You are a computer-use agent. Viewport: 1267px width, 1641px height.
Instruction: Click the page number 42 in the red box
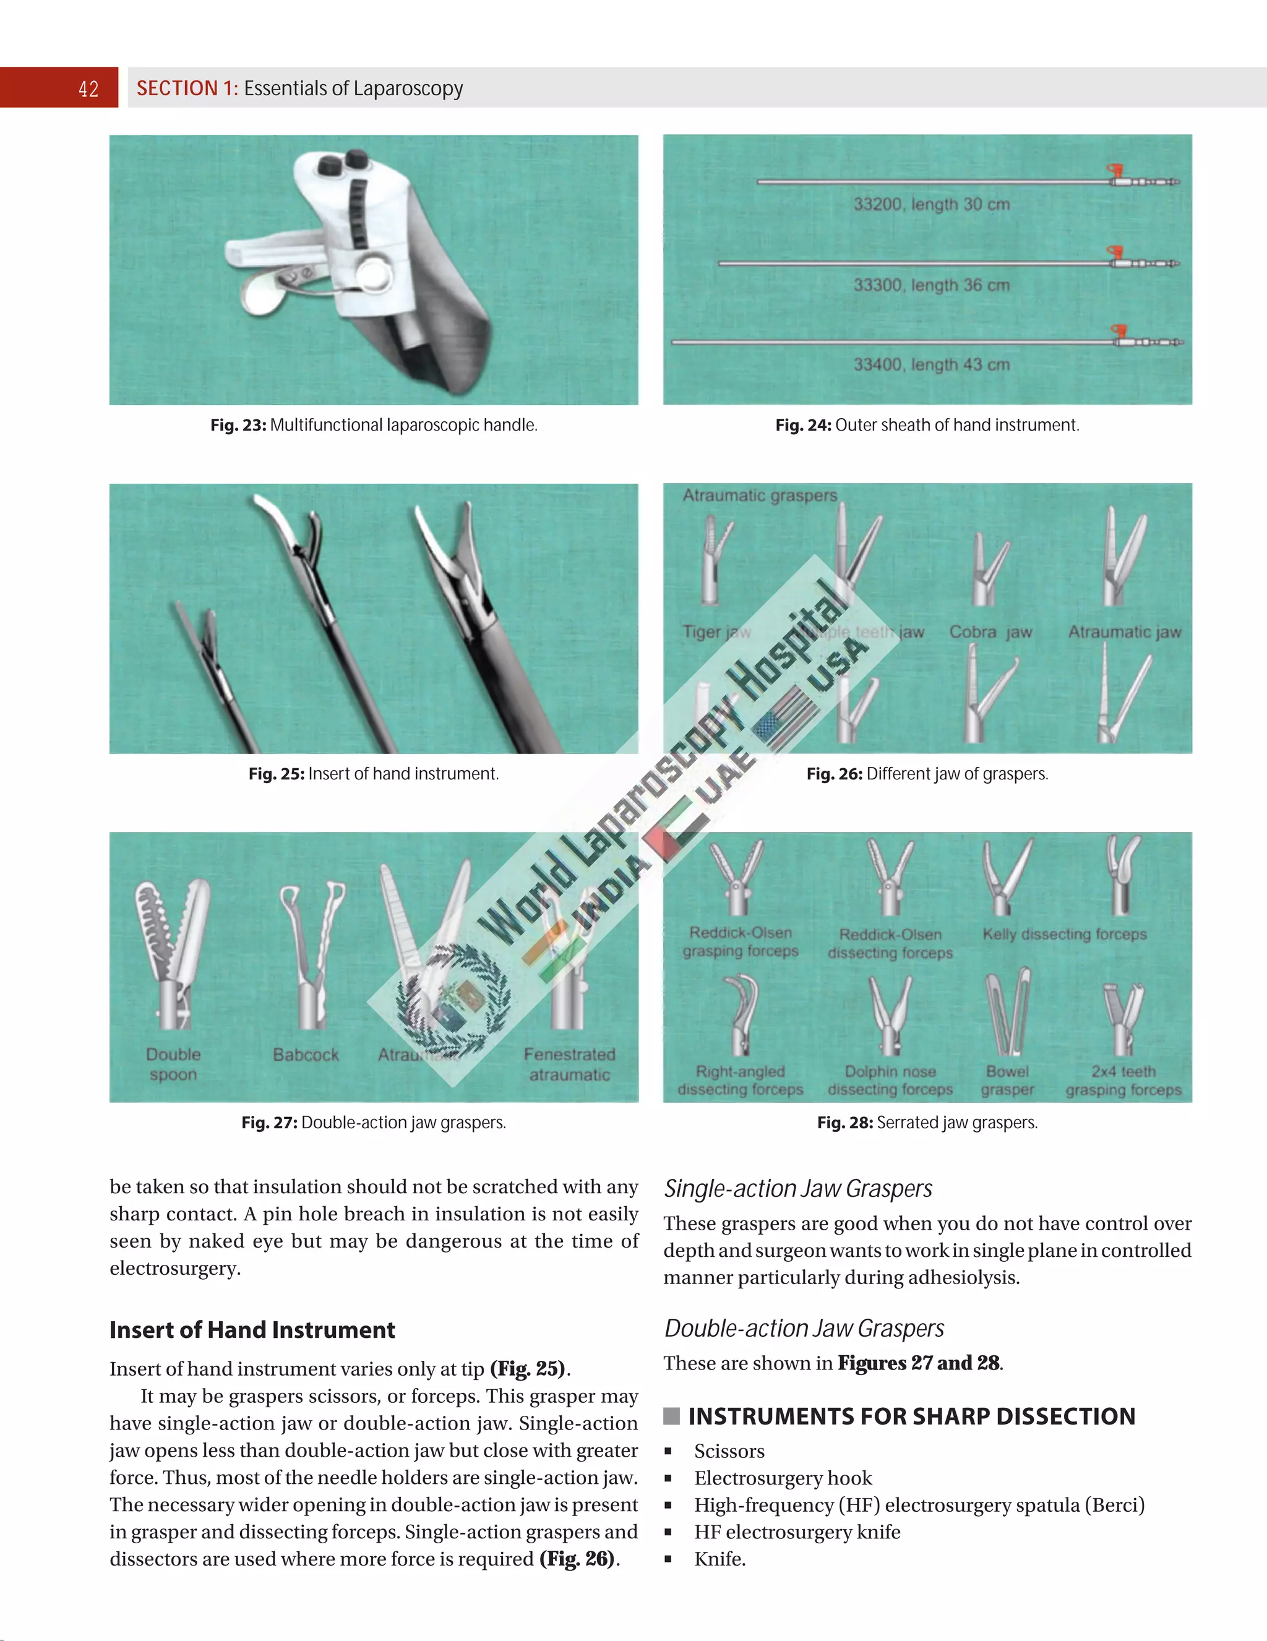88,88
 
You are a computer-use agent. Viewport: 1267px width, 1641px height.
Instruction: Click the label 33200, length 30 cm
931,204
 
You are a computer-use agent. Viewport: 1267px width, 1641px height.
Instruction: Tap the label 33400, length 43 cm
931,364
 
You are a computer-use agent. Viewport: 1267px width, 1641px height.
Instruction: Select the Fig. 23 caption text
374,426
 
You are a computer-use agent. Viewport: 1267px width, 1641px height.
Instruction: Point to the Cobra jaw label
990,632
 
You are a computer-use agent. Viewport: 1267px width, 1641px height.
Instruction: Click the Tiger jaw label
715,632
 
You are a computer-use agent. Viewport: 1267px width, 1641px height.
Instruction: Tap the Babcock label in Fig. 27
306,1055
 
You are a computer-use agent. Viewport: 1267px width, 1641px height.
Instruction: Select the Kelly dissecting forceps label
1064,934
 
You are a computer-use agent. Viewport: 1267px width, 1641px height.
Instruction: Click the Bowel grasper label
1007,1081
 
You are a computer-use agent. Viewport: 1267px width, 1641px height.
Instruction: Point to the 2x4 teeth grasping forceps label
1123,1081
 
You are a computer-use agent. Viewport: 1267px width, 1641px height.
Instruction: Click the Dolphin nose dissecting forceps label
890,1081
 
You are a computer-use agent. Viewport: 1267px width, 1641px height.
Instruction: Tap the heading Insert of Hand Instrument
252,1330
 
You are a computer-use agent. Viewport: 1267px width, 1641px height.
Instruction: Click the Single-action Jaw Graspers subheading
797,1189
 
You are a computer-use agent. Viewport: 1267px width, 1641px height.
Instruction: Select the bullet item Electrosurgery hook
783,1478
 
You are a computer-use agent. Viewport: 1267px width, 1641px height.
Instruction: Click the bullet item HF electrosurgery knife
797,1532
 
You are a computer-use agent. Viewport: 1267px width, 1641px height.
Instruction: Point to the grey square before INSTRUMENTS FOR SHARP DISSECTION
671,1416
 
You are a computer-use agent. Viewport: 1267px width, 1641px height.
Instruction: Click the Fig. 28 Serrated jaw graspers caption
927,1123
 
